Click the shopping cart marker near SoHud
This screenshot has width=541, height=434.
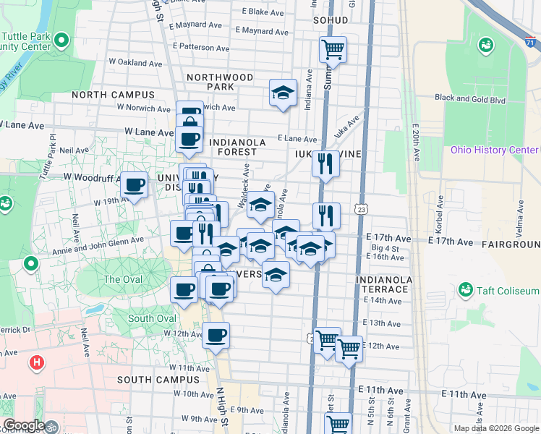pyautogui.click(x=333, y=50)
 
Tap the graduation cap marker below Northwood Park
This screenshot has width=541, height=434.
pyautogui.click(x=284, y=93)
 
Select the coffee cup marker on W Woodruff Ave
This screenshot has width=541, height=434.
pyautogui.click(x=134, y=185)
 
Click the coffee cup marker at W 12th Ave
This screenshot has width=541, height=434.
pyautogui.click(x=216, y=336)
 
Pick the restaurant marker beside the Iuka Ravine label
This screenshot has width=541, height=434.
pyautogui.click(x=326, y=163)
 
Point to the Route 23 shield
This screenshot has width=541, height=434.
pyautogui.click(x=361, y=208)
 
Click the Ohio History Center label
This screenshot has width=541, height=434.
pyautogui.click(x=494, y=150)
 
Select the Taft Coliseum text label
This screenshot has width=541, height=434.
pyautogui.click(x=508, y=291)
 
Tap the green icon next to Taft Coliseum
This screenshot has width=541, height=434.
pyautogui.click(x=465, y=291)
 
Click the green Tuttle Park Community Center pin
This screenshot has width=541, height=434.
pyautogui.click(x=62, y=40)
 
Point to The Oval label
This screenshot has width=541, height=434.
pyautogui.click(x=122, y=279)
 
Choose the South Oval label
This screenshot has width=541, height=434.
pyautogui.click(x=152, y=318)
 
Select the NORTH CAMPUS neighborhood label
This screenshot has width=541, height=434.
pyautogui.click(x=113, y=95)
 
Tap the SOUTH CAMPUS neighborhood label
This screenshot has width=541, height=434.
pyautogui.click(x=153, y=379)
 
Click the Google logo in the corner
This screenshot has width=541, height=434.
pyautogui.click(x=23, y=426)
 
